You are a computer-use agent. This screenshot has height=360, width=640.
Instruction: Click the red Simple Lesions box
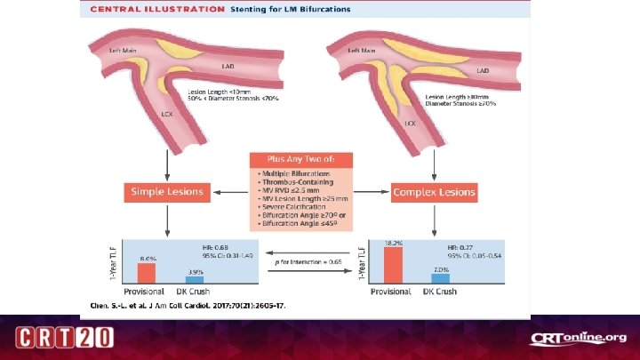click(166, 191)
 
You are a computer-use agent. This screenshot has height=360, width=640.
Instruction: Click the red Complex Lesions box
click(433, 191)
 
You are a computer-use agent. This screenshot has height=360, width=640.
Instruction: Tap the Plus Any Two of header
click(300, 159)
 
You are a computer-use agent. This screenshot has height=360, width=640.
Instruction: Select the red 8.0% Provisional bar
click(146, 271)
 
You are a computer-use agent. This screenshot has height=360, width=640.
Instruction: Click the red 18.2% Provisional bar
click(393, 262)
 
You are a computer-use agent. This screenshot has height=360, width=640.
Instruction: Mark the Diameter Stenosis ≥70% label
click(460, 103)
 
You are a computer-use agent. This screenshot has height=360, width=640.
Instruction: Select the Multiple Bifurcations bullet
click(292, 172)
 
